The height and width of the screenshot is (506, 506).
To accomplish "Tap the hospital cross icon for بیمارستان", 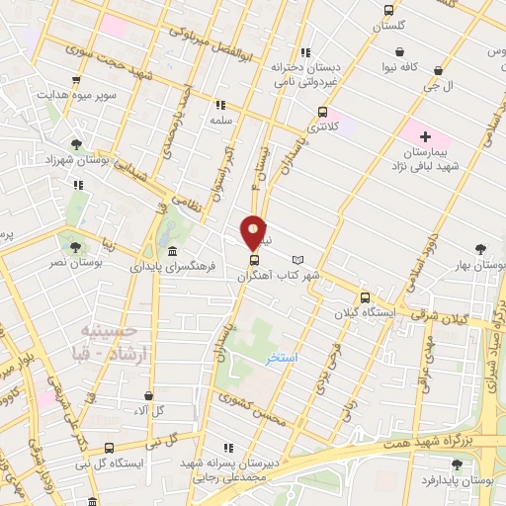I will [426, 135].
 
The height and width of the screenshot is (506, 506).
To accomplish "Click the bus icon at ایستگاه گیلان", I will [365, 297].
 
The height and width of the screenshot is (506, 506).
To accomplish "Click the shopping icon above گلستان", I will [388, 12].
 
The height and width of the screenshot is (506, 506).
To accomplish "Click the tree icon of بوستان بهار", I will [481, 249].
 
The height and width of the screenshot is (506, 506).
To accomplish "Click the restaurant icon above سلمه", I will [219, 104].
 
